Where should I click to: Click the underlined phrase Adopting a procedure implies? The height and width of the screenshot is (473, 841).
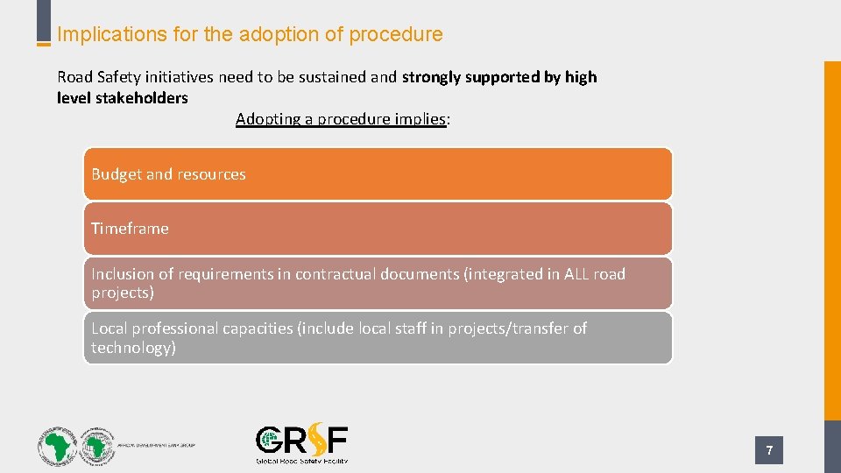point(342,119)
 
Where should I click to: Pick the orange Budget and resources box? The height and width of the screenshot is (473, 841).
point(378,173)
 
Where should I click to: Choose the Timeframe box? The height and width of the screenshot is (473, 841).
point(378,229)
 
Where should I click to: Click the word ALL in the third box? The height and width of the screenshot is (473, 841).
point(576,274)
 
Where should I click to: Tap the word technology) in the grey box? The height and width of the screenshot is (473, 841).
point(133,348)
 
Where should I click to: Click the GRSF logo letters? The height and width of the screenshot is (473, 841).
point(301,441)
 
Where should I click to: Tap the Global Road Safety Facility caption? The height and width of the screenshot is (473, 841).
point(301,461)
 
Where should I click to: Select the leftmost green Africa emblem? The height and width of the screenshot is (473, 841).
point(57,447)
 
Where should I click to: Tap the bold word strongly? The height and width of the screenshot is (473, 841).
point(431,77)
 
